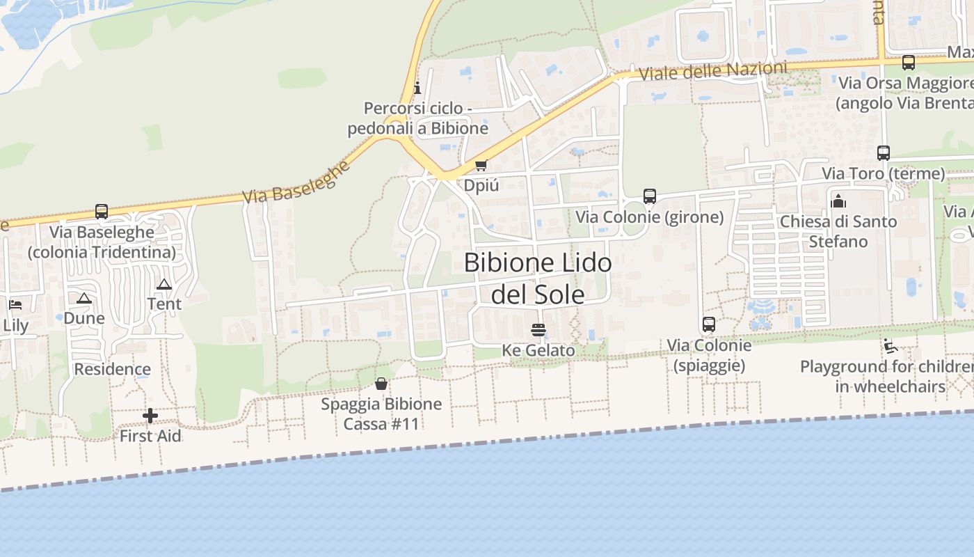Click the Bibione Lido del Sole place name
pyautogui.click(x=538, y=278)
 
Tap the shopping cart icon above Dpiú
pyautogui.click(x=481, y=166)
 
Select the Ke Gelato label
pyautogui.click(x=538, y=350)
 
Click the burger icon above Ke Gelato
pyautogui.click(x=538, y=329)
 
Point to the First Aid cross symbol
pyautogui.click(x=150, y=416)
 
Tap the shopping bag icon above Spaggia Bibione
pyautogui.click(x=381, y=384)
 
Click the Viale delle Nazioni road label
pyautogui.click(x=713, y=70)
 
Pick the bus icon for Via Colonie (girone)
pyautogui.click(x=650, y=196)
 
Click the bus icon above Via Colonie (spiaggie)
pyautogui.click(x=709, y=324)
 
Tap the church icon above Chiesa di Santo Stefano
pyautogui.click(x=838, y=201)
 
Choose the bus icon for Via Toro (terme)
pyautogui.click(x=884, y=153)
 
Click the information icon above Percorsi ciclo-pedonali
pyautogui.click(x=417, y=88)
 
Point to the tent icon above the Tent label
pyautogui.click(x=164, y=284)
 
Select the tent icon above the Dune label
pyautogui.click(x=84, y=298)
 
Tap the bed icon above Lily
pyautogui.click(x=15, y=305)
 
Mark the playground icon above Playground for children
pyautogui.click(x=889, y=346)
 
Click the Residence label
pyautogui.click(x=113, y=369)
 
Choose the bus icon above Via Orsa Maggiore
pyautogui.click(x=909, y=63)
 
